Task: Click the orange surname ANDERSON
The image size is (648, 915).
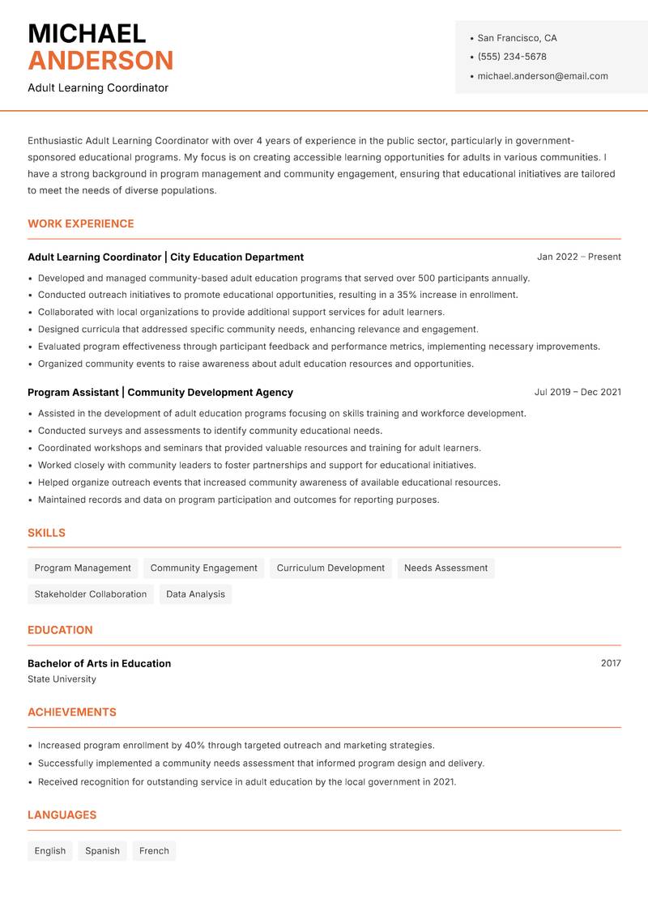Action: point(100,61)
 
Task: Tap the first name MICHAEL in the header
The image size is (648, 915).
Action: point(87,33)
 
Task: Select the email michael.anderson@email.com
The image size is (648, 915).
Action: point(542,76)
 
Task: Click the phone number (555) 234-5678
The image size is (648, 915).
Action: point(511,57)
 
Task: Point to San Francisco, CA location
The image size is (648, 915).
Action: point(517,38)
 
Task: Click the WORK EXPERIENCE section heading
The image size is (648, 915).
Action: point(81,223)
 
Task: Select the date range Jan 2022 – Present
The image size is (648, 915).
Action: point(578,257)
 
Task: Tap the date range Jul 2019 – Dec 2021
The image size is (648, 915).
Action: point(577,392)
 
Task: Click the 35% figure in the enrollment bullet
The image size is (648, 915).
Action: point(407,295)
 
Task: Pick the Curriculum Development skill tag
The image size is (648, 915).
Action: point(330,568)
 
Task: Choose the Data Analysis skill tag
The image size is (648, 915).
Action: point(195,594)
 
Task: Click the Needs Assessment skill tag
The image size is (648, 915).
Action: point(446,568)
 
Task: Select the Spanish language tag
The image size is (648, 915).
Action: point(102,851)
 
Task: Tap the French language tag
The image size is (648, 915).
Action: point(154,851)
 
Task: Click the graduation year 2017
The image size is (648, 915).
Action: point(611,663)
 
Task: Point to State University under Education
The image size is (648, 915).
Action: point(62,679)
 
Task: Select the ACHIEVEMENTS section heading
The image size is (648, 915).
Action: point(72,713)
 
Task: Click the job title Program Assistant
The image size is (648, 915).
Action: point(73,392)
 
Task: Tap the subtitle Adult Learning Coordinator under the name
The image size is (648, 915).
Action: point(98,87)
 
